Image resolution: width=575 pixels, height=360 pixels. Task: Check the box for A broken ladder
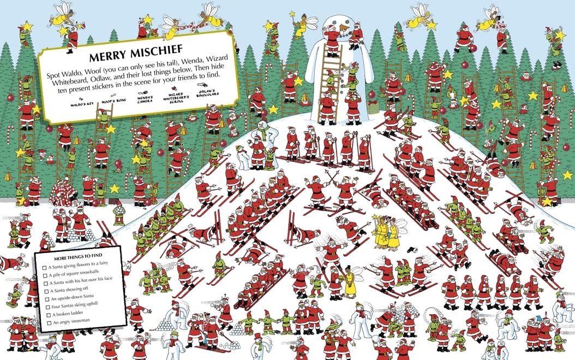[44, 314]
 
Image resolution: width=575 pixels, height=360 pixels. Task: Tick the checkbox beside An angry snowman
[44, 323]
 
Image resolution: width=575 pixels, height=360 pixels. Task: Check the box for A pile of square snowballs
[44, 275]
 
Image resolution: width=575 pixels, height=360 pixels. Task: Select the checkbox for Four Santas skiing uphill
[44, 305]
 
